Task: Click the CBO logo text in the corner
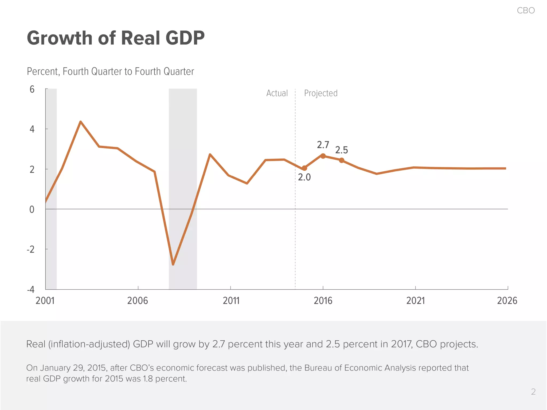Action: pos(526,10)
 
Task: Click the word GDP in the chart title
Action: pos(185,38)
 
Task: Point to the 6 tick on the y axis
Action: pos(32,89)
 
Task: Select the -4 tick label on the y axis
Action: pos(31,289)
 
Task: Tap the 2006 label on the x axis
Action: pos(138,301)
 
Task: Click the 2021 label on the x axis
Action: pos(415,301)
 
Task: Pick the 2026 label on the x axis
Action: pos(507,301)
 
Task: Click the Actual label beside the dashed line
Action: pos(277,93)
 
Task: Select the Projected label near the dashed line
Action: pos(321,93)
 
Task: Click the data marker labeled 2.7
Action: pos(323,156)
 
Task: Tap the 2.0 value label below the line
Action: pos(304,177)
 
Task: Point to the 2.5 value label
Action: pos(341,150)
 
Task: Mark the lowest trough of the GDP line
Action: pos(173,264)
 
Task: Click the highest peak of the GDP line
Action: pos(81,122)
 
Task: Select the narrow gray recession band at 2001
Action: pos(51,187)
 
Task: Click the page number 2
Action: pos(533,392)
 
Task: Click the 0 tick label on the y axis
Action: pos(32,210)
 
